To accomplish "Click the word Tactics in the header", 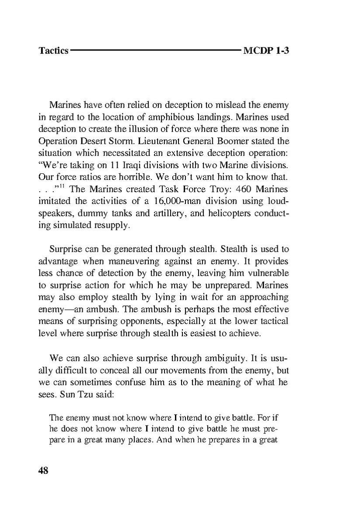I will (53, 51).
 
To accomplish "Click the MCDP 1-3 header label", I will (267, 51).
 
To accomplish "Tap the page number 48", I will (43, 471).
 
